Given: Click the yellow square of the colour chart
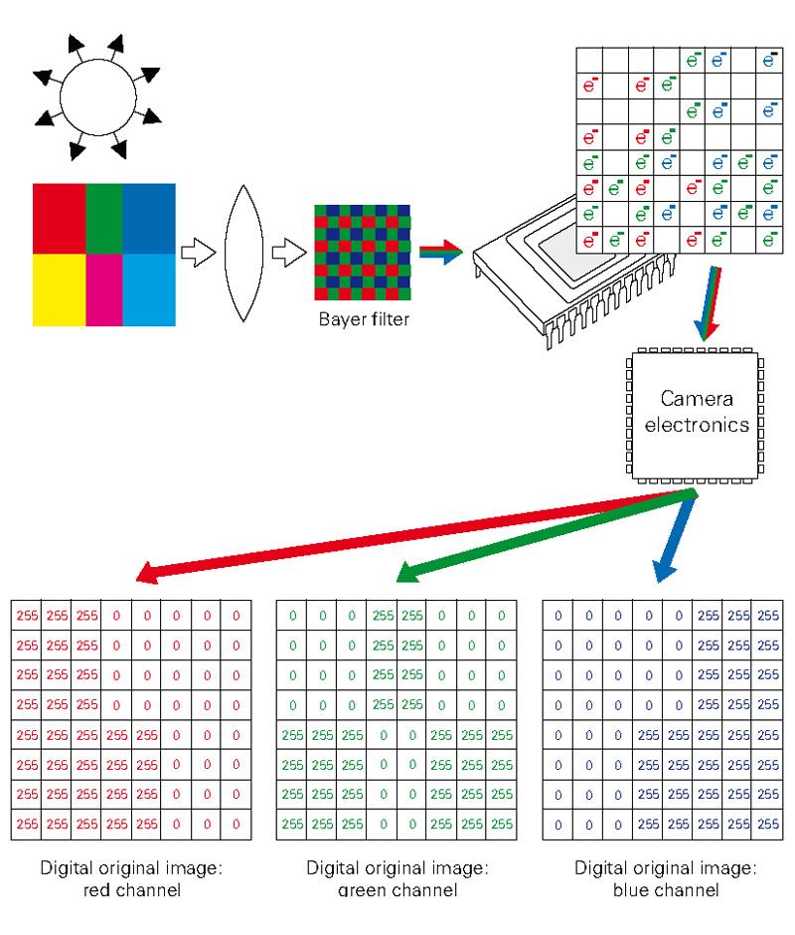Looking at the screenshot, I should click(58, 290).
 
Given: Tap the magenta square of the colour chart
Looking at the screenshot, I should click(104, 290).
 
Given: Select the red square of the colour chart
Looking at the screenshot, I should click(58, 219).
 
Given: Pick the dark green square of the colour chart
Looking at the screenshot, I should click(104, 219).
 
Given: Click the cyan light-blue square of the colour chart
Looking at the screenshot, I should click(149, 290).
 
